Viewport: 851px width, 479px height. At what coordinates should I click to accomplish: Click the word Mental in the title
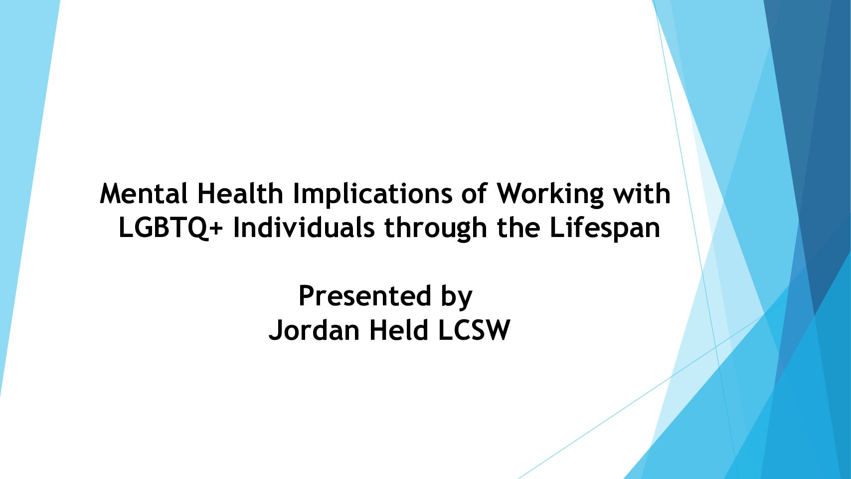[x=144, y=194]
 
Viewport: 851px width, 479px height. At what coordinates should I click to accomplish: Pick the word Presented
[x=365, y=295]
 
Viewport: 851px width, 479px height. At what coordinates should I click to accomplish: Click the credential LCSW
[x=474, y=330]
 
